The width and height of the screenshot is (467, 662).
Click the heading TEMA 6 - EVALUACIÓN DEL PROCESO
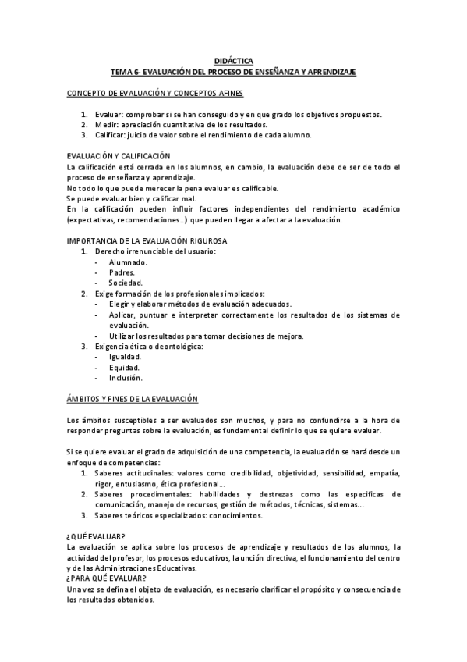click(233, 72)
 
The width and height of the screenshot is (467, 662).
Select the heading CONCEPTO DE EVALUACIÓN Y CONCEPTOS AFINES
click(156, 94)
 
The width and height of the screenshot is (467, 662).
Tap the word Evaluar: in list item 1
click(108, 115)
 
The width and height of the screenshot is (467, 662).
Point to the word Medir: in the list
click(106, 125)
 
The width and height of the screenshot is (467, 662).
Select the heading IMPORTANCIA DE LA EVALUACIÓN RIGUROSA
click(145, 241)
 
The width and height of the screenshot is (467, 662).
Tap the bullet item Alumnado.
click(129, 262)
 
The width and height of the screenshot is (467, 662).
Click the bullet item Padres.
click(122, 272)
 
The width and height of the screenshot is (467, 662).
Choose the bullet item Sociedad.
click(126, 283)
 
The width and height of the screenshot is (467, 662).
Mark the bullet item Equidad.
click(125, 368)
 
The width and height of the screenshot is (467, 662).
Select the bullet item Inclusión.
click(126, 378)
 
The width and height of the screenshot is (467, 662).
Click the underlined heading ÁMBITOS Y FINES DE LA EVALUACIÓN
click(133, 399)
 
